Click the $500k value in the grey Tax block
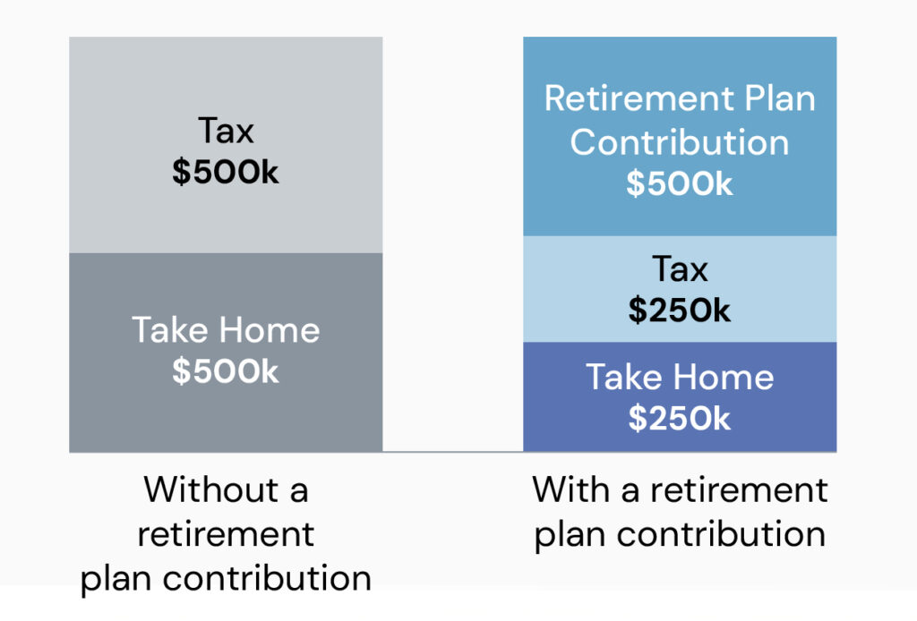pos(225,172)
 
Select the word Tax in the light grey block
pos(226,130)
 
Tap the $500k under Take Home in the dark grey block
pos(225,371)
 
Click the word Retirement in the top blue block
pos(639,98)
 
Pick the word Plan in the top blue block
pos(780,98)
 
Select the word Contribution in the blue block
pos(680,142)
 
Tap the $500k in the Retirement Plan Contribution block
pos(680,184)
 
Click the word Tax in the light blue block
pos(680,268)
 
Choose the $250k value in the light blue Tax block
pos(680,310)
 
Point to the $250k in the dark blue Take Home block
pos(680,418)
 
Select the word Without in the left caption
pos(211,489)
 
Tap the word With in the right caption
pos(570,489)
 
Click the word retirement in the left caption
pos(226,534)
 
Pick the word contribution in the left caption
pos(267,578)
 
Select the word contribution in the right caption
pos(721,534)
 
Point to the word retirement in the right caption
pos(739,489)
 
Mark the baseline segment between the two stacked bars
pos(452,452)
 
